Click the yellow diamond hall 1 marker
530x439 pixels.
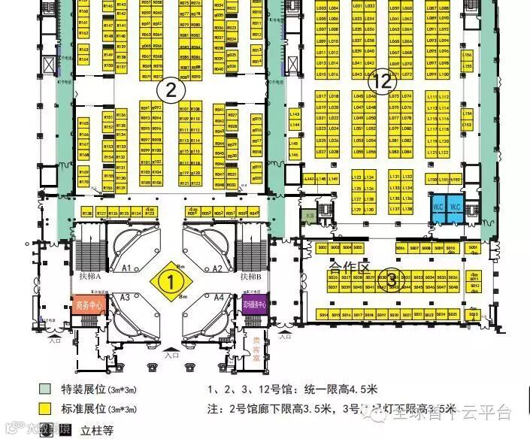(171, 283)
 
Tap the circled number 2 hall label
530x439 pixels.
(171, 90)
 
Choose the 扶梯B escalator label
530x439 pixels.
(250, 276)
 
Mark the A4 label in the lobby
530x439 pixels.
(219, 298)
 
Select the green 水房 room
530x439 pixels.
(309, 216)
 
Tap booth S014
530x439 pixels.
(323, 314)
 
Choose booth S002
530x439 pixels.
(323, 247)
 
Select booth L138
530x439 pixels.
(407, 208)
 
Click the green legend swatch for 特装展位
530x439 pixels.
(45, 389)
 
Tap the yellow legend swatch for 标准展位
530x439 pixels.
(45, 410)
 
